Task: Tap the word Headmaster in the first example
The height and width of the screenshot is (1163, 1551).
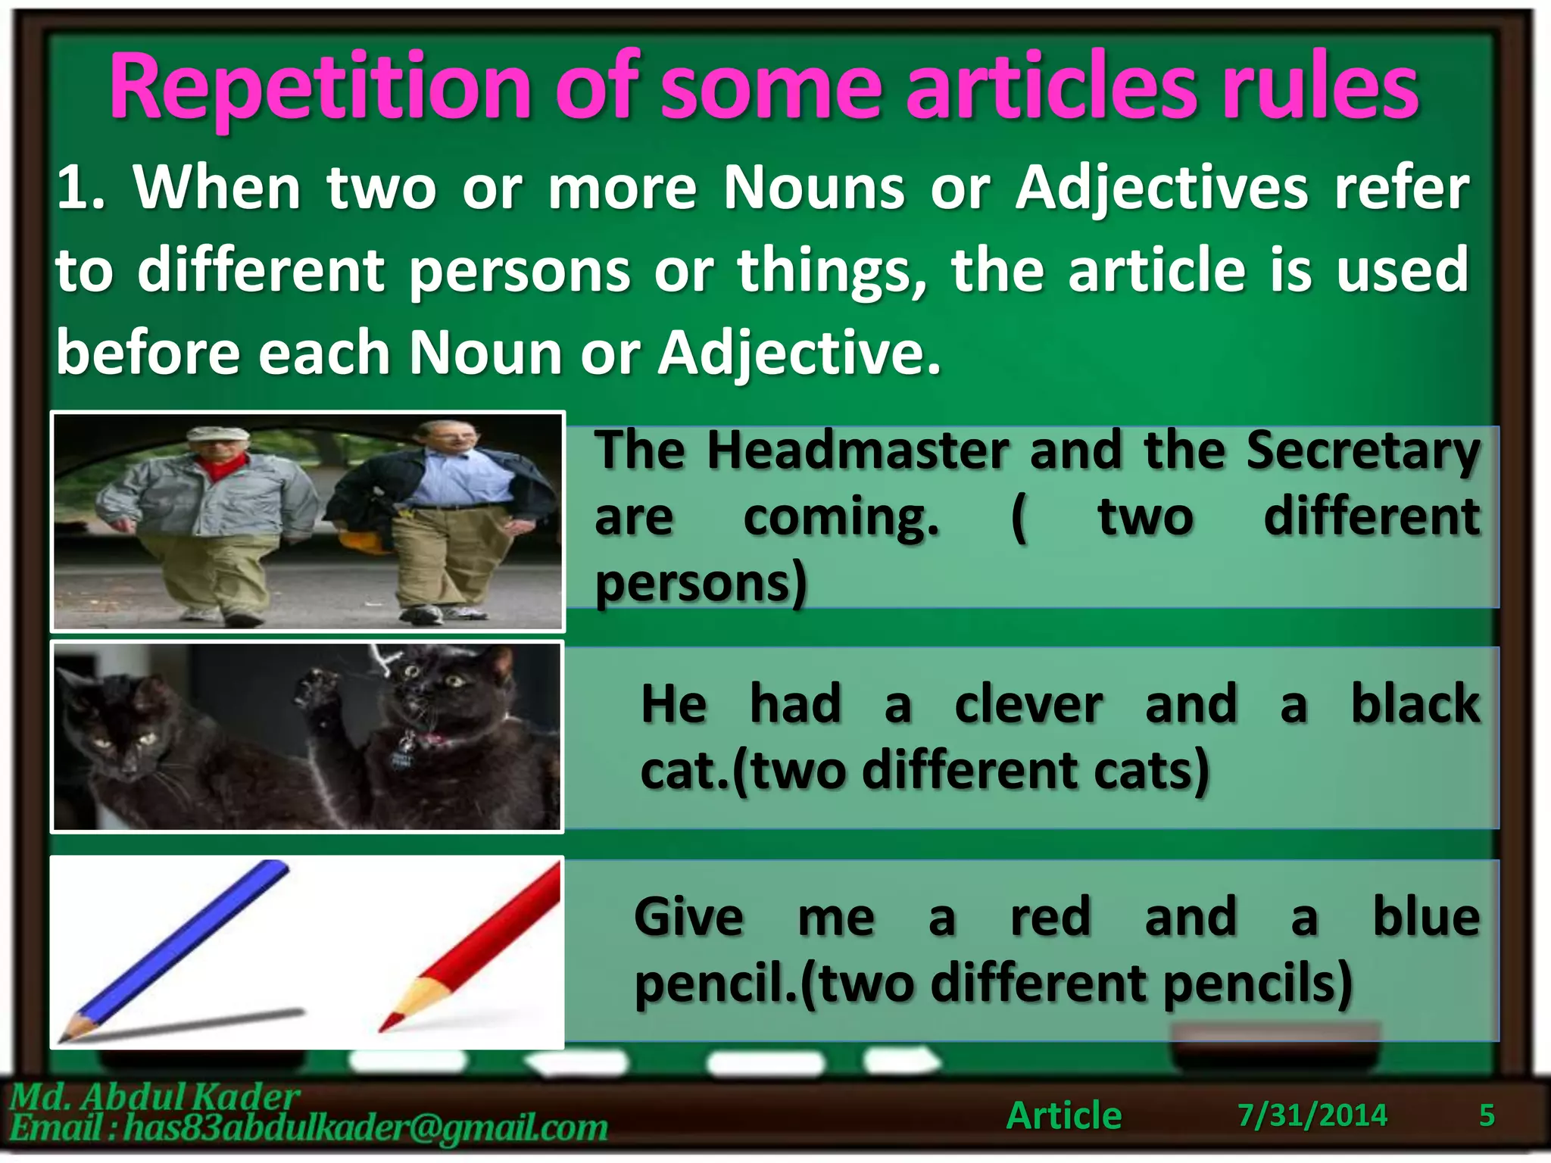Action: [x=858, y=451]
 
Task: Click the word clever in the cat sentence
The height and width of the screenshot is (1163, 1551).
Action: [x=1028, y=704]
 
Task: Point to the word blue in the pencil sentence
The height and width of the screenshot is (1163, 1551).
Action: [x=1425, y=917]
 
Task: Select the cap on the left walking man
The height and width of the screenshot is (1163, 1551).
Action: [x=218, y=434]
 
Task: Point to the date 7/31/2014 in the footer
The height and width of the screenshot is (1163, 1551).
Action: [x=1312, y=1115]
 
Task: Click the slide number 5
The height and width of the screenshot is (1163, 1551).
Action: [x=1487, y=1115]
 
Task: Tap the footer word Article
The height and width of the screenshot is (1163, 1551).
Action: [x=1064, y=1115]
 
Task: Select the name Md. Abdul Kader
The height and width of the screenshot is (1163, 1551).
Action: [x=155, y=1096]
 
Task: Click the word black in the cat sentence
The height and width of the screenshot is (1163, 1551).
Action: [x=1415, y=704]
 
